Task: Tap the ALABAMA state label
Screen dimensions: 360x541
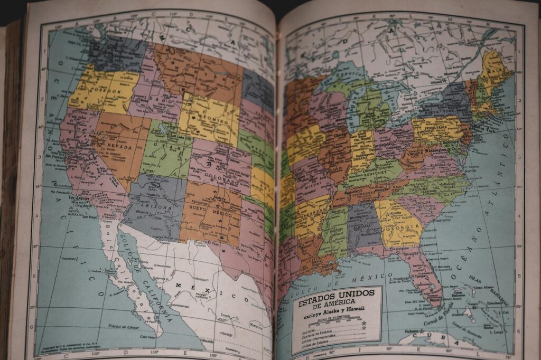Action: coord(364,224)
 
